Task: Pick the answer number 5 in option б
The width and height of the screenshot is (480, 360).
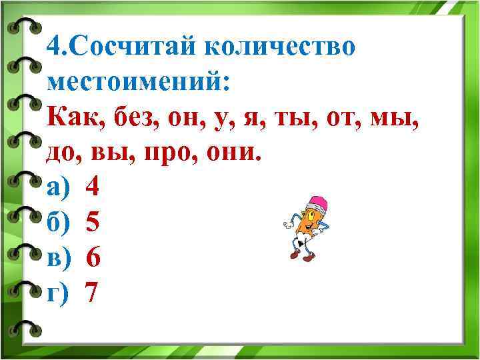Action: click(93, 223)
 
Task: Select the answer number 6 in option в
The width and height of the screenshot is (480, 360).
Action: click(93, 257)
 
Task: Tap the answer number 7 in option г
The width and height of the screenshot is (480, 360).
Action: click(93, 293)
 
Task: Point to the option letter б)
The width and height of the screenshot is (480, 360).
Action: click(58, 223)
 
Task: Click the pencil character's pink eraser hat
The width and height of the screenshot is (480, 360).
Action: click(319, 202)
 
